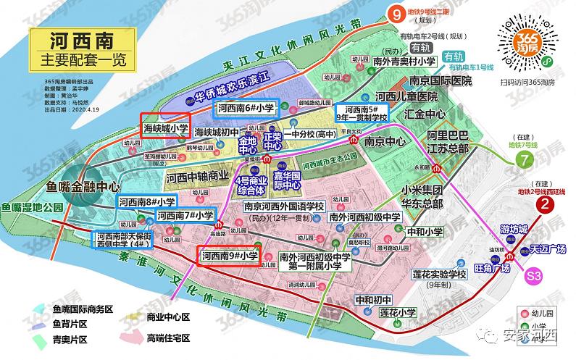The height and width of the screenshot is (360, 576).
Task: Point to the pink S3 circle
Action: [535, 276]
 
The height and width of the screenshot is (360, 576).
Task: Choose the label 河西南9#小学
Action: [230, 256]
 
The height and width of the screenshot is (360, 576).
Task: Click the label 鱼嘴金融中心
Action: [81, 187]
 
